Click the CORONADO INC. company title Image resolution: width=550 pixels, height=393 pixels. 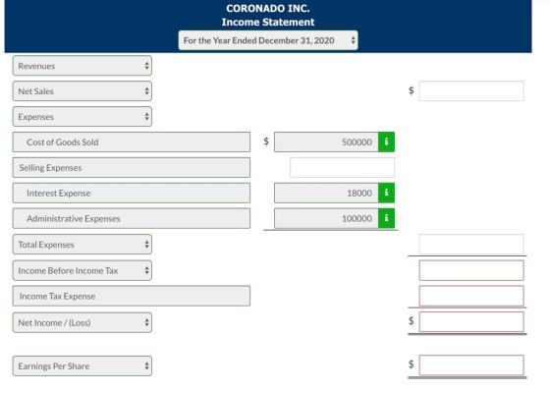268,9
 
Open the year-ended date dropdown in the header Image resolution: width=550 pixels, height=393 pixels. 268,40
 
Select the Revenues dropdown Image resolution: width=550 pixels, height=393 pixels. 82,66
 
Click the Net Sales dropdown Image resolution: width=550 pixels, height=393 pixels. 82,91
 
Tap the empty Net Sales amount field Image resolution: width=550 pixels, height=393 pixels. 471,90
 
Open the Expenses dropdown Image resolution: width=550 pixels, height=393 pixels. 82,117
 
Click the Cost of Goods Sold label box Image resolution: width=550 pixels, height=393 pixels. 132,142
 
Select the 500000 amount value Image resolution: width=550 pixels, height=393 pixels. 357,142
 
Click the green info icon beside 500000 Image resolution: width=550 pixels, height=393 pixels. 386,141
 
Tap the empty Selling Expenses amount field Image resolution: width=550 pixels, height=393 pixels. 342,167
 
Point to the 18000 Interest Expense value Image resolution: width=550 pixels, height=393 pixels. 359,193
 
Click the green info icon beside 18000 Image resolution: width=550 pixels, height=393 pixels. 386,193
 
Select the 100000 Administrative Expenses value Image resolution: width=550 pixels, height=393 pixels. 357,218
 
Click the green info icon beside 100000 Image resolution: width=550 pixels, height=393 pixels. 386,218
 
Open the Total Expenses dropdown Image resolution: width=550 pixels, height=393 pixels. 82,245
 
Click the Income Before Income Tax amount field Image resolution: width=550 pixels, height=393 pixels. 471,270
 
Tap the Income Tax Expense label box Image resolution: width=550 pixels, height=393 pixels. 132,296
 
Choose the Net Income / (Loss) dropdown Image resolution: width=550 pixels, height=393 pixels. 82,322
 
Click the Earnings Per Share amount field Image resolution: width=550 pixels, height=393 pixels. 471,365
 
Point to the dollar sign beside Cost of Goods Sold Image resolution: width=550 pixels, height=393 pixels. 266,141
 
